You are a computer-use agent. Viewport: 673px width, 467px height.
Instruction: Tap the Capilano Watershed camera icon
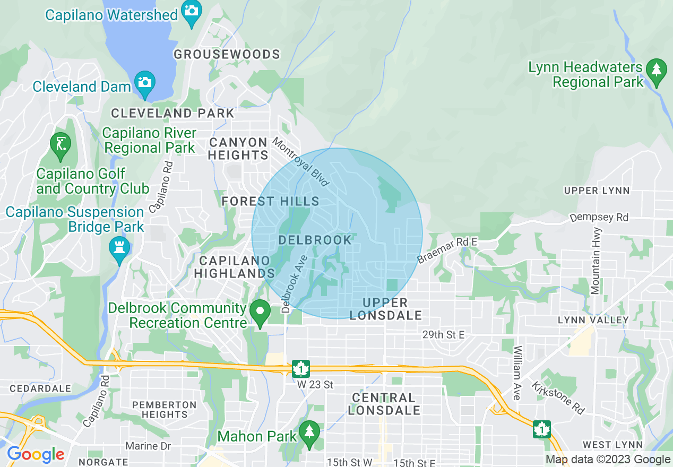pyautogui.click(x=190, y=10)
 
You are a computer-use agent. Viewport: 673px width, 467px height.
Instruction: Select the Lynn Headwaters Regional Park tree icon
pyautogui.click(x=657, y=70)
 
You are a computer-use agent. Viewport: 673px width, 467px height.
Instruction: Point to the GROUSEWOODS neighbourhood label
pyautogui.click(x=227, y=54)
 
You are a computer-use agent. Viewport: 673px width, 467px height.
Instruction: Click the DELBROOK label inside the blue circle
pyautogui.click(x=315, y=240)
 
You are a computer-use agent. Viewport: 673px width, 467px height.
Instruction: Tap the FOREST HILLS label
pyautogui.click(x=270, y=201)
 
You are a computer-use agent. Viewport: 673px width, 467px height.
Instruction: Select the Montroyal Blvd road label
pyautogui.click(x=300, y=161)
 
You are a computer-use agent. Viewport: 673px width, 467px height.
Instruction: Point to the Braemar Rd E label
pyautogui.click(x=447, y=250)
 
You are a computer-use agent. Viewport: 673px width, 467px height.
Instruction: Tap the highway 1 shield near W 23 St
pyautogui.click(x=301, y=368)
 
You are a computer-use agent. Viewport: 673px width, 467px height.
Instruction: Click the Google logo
pyautogui.click(x=36, y=455)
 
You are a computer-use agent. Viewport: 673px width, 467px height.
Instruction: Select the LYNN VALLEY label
pyautogui.click(x=593, y=320)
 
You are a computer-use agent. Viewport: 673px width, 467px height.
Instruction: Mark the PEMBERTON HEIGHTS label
pyautogui.click(x=164, y=409)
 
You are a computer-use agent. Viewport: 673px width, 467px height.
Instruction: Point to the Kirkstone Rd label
pyautogui.click(x=558, y=398)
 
